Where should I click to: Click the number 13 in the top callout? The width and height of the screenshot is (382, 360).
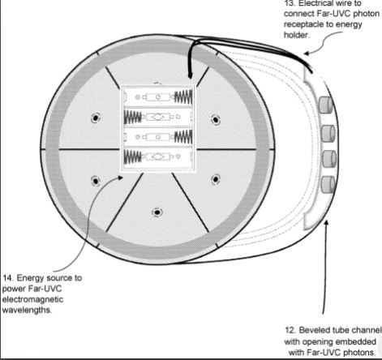289,3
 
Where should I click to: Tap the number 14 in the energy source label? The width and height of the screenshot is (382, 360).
7,278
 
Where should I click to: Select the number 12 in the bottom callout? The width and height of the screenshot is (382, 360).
290,330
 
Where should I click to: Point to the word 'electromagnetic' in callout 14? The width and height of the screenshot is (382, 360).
32,299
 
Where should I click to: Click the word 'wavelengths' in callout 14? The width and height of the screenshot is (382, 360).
27,310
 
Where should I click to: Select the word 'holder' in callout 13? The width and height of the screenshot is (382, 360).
296,35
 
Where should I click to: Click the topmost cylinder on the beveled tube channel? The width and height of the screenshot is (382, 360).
325,105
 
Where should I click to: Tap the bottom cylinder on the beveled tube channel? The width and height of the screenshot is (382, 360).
328,185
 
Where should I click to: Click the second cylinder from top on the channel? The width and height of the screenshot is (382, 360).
328,133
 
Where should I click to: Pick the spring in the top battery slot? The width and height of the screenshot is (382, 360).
183,96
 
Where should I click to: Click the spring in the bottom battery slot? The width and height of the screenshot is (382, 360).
132,156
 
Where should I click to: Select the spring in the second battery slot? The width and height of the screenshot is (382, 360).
132,117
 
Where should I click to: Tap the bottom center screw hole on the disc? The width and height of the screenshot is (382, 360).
157,212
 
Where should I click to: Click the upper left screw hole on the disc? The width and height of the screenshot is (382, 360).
95,118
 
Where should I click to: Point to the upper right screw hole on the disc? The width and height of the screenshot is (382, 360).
216,119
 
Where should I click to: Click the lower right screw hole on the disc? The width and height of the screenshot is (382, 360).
216,179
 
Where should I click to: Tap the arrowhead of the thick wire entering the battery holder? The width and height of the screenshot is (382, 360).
190,75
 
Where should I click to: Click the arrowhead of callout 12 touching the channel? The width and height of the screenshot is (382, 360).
326,223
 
